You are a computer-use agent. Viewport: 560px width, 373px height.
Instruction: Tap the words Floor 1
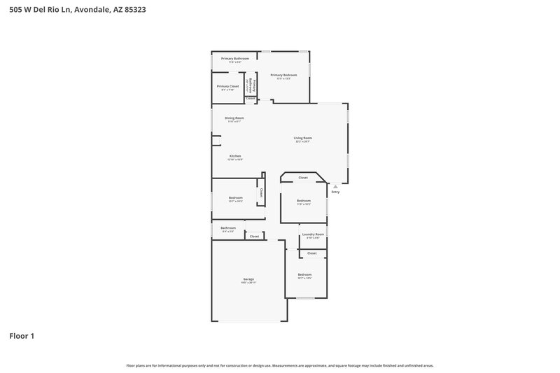[x=22, y=336]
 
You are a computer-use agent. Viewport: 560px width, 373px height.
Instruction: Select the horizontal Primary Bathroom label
[x=234, y=59]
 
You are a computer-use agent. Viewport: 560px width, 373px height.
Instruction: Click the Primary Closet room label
[x=227, y=86]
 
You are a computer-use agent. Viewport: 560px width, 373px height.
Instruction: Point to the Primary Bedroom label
[x=283, y=75]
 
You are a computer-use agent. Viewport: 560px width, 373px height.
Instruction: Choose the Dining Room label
[x=234, y=118]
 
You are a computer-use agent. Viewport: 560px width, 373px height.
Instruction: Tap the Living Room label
[x=302, y=138]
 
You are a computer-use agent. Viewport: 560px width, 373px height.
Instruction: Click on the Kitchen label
[x=235, y=155]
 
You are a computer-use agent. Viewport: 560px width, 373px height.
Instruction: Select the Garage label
[x=248, y=279]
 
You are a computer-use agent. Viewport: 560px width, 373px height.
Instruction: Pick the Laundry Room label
[x=313, y=234]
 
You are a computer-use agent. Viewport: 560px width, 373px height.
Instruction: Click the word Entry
[x=335, y=192]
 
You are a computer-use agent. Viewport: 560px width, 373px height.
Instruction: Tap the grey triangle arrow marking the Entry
[x=335, y=186]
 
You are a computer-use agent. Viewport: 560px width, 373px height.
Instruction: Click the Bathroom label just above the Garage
[x=228, y=227]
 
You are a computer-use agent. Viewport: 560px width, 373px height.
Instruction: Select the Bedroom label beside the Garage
[x=304, y=274]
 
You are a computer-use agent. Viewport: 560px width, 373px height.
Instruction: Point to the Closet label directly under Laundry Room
[x=311, y=253]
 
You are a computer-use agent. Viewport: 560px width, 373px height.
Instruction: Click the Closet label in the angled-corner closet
[x=303, y=178]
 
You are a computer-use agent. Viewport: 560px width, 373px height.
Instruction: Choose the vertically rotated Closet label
[x=261, y=192]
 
